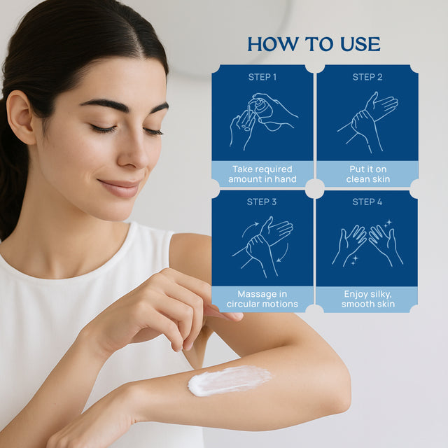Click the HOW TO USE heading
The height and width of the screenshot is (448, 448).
tap(314, 44)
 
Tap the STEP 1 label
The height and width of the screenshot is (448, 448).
tap(262, 76)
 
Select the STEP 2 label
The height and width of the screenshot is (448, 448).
tap(367, 76)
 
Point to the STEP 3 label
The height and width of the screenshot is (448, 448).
tap(262, 202)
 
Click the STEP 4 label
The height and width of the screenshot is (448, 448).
tap(367, 202)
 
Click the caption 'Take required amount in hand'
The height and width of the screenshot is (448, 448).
tap(262, 174)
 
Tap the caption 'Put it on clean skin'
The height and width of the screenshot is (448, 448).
tap(367, 174)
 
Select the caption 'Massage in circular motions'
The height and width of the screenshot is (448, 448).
tap(262, 299)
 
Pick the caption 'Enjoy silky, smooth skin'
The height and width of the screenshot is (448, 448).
tap(367, 299)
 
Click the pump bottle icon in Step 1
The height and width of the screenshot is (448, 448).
tap(260, 108)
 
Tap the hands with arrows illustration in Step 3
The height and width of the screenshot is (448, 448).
tap(265, 245)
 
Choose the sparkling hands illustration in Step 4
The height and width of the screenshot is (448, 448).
tap(367, 245)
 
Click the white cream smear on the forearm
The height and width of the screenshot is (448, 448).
tap(229, 380)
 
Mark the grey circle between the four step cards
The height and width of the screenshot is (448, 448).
tap(315, 188)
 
